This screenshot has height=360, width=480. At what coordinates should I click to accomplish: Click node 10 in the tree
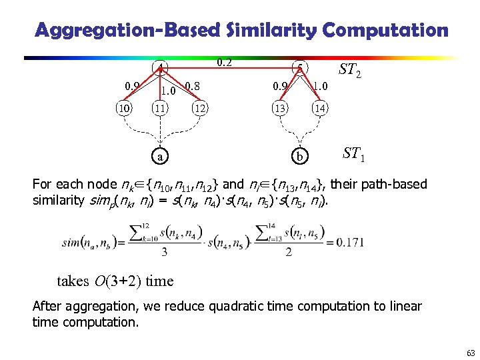pyautogui.click(x=123, y=109)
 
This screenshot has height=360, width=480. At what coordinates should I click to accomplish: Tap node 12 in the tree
pyautogui.click(x=199, y=109)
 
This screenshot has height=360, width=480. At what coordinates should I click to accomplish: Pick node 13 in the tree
pyautogui.click(x=279, y=109)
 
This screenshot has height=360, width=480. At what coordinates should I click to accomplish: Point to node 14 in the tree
pyautogui.click(x=321, y=109)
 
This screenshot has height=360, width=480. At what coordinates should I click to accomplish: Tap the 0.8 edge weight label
pyautogui.click(x=193, y=85)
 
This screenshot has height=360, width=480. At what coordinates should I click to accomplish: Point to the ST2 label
pyautogui.click(x=349, y=69)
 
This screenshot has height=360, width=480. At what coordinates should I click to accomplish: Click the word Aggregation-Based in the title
pyautogui.click(x=127, y=30)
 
